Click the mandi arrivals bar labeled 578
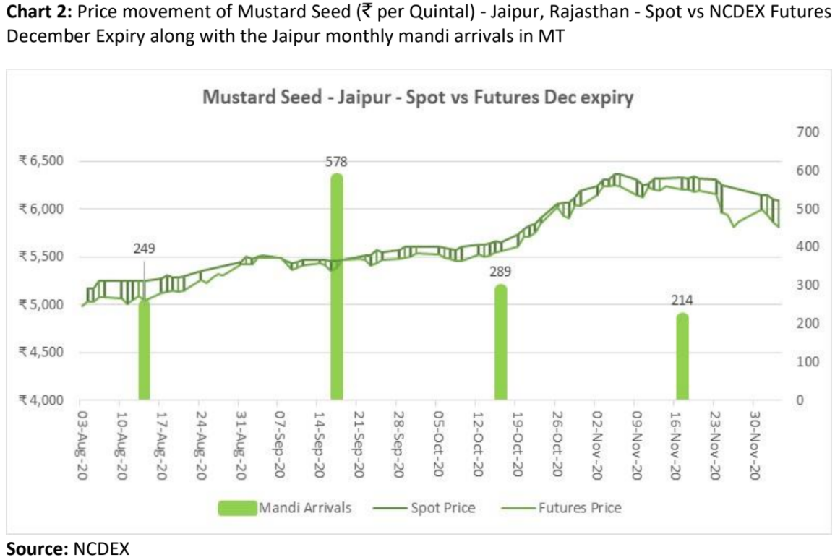point(336,289)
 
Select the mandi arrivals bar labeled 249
point(144,350)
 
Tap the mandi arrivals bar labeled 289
point(500,343)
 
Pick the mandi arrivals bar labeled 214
point(682,358)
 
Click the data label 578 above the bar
point(336,163)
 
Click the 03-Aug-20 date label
point(82,441)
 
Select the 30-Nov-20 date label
point(754,441)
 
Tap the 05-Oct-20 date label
point(437,441)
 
